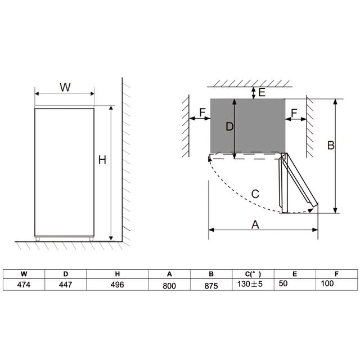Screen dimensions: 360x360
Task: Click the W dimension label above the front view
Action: click(x=65, y=87)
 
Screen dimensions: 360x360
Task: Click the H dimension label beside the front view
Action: click(x=102, y=160)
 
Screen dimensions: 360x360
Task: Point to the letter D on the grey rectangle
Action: click(x=229, y=127)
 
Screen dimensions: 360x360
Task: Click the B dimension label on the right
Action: click(x=331, y=145)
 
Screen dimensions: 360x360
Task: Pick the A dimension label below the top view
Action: click(x=255, y=224)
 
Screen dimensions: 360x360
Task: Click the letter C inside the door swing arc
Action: click(x=254, y=194)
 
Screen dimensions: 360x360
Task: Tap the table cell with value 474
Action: click(x=24, y=285)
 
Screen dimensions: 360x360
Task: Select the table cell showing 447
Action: click(x=66, y=285)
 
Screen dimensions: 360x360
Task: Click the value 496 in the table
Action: click(x=117, y=285)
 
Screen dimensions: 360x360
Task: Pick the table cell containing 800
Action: click(x=169, y=285)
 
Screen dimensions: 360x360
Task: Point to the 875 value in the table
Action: click(x=211, y=285)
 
